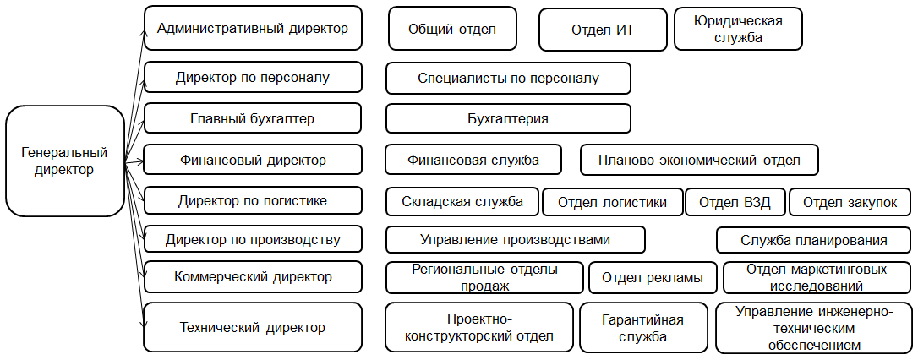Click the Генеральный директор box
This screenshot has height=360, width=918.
(x=65, y=161)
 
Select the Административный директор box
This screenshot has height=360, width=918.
(x=253, y=28)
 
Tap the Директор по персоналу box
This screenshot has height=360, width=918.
(x=253, y=77)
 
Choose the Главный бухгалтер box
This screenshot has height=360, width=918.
(x=253, y=119)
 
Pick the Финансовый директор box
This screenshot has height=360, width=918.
(x=253, y=160)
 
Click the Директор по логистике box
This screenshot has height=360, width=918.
(x=253, y=201)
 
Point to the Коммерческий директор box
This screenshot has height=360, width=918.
(x=253, y=277)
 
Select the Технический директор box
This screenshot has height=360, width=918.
(x=253, y=327)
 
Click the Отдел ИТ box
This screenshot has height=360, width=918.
(x=603, y=30)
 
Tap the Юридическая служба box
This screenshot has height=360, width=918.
(x=738, y=29)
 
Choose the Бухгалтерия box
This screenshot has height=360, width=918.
(x=508, y=119)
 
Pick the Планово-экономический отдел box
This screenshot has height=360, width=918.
(x=699, y=160)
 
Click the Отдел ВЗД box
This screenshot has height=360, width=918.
(x=735, y=203)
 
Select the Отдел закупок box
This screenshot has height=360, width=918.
(x=850, y=203)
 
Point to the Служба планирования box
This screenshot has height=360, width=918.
(x=814, y=240)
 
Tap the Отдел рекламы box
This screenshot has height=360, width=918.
(x=653, y=277)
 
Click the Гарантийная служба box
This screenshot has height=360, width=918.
(x=642, y=328)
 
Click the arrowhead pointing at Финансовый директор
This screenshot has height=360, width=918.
(x=139, y=159)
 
